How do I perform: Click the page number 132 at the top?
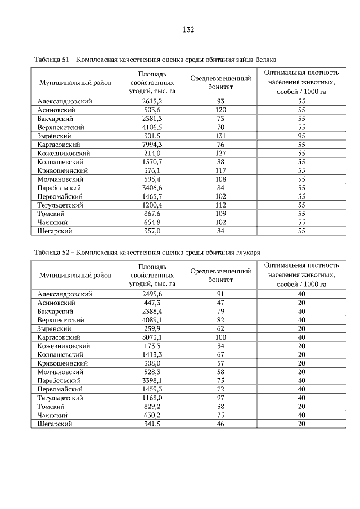pos(188,30)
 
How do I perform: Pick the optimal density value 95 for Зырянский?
pos(301,136)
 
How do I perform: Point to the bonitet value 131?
pos(220,136)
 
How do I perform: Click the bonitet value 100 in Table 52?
pos(220,337)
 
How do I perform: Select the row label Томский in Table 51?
pos(51,214)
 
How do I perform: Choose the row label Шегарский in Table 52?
pos(55,424)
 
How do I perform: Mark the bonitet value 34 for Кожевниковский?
pos(220,346)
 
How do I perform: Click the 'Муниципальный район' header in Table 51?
pos(75,83)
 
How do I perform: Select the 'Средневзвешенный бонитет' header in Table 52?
pos(220,275)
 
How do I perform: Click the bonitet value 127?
pos(220,153)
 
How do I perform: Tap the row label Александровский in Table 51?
pos(65,101)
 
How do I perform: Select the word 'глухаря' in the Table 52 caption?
pos(247,253)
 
